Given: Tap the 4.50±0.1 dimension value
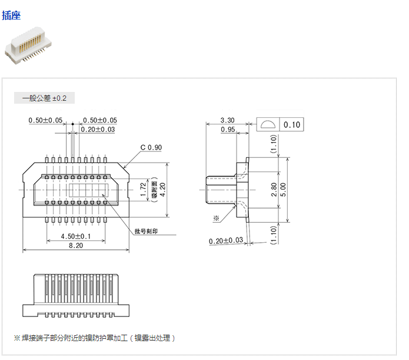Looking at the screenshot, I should (76, 236).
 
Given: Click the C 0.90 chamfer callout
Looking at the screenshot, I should (151, 147).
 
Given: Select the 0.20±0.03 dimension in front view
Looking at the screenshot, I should (98, 129).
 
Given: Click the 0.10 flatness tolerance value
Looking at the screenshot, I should (292, 124).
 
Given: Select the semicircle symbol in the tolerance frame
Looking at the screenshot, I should (268, 124).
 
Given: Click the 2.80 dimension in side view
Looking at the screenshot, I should (274, 190).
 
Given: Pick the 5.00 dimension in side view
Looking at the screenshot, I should (283, 190).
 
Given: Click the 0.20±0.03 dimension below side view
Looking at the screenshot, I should (226, 240).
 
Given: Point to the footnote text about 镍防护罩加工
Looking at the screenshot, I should (95, 338).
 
